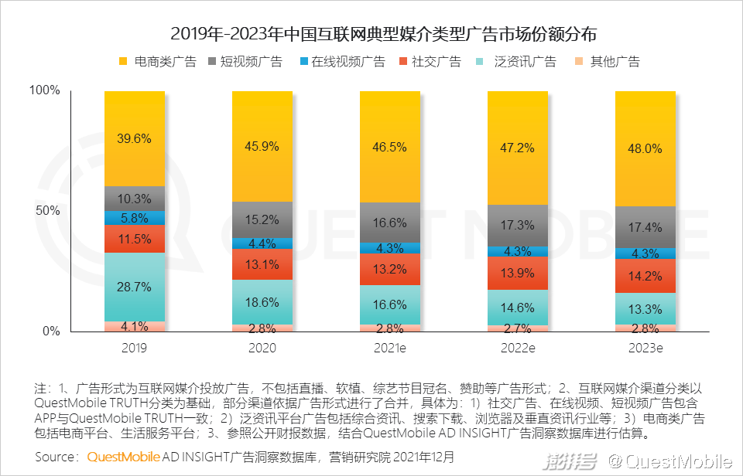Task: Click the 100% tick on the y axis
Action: tap(44, 90)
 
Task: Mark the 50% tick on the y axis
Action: tap(47, 211)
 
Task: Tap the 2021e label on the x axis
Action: tap(389, 348)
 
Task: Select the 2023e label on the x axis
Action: tap(645, 348)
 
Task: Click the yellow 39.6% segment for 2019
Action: tap(135, 138)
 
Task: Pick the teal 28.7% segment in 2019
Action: tap(135, 287)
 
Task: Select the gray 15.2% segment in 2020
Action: tap(262, 219)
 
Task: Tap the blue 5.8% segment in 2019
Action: tap(135, 218)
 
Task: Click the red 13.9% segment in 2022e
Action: tap(517, 274)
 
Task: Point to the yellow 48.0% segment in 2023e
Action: tap(645, 148)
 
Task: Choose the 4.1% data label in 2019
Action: tap(135, 326)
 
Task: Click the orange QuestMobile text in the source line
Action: tap(123, 457)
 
